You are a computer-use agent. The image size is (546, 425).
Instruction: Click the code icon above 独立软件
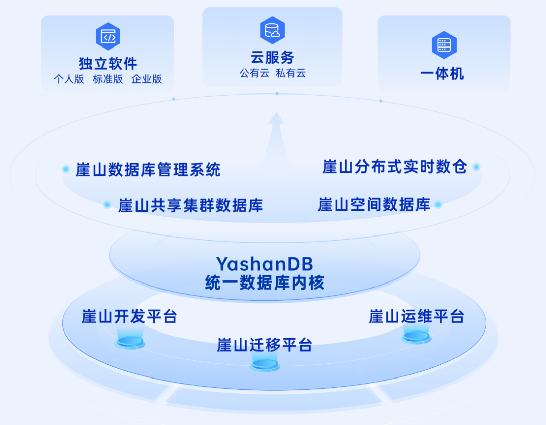108,36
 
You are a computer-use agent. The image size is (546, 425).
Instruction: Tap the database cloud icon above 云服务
272,30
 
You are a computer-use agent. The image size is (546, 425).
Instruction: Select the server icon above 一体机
444,45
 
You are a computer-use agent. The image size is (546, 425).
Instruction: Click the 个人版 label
69,79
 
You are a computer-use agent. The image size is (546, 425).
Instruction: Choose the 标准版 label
108,79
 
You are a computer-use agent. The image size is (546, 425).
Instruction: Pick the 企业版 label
147,79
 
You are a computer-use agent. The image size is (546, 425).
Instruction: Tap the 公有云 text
254,73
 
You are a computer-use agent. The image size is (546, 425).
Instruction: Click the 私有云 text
291,73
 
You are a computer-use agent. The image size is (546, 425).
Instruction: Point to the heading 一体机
442,74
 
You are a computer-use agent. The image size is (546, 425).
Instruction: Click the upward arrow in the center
276,139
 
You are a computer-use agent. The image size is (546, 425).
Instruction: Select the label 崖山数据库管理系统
148,170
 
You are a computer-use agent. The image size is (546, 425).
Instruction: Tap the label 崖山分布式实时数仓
394,167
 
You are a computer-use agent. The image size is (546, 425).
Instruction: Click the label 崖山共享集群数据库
191,205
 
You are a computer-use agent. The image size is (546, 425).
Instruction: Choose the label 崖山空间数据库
374,204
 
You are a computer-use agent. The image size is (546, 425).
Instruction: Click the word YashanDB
264,264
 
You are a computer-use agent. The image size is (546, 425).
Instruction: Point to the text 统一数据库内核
264,282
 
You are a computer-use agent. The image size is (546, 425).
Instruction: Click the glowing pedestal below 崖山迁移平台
264,364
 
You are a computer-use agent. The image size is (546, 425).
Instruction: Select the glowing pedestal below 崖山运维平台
416,336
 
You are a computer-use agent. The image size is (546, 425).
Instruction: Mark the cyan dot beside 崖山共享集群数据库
107,205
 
